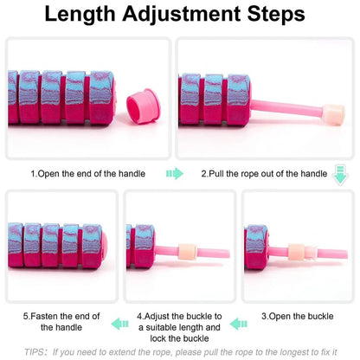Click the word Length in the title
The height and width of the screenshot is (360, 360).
[x=82, y=15]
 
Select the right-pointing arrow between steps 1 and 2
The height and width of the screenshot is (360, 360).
[x=175, y=174]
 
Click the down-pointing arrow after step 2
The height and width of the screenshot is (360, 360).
[x=339, y=175]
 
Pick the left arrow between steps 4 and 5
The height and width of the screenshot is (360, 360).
[x=119, y=324]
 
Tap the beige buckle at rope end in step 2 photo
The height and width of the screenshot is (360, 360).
[x=333, y=112]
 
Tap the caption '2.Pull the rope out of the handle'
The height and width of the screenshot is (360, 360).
[x=264, y=174]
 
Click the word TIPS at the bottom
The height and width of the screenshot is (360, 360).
[x=35, y=352]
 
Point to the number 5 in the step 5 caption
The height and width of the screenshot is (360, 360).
[x=26, y=316]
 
